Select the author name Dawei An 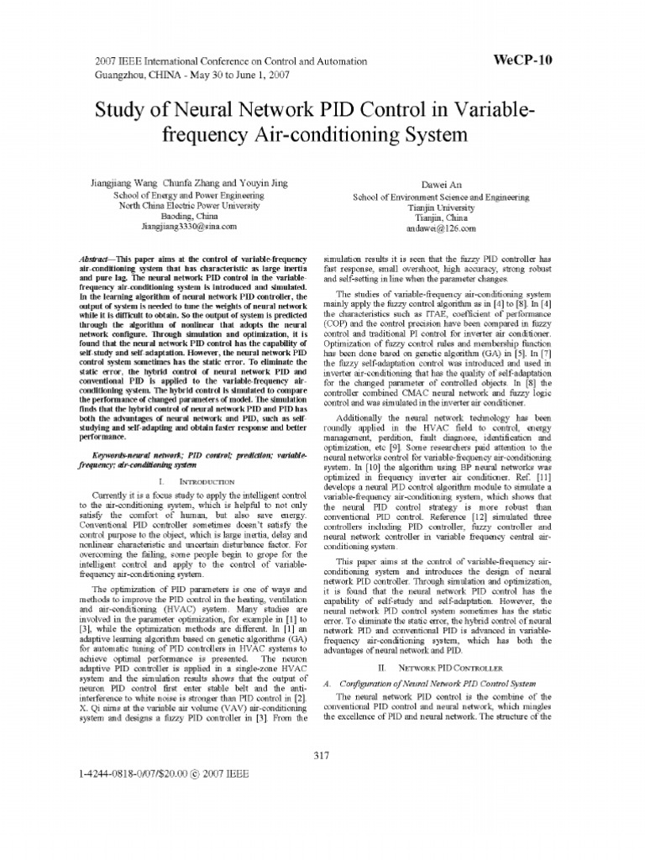click(x=440, y=184)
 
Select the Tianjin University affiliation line click(x=440, y=207)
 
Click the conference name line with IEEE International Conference click(x=227, y=61)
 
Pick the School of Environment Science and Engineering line click(x=440, y=197)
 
